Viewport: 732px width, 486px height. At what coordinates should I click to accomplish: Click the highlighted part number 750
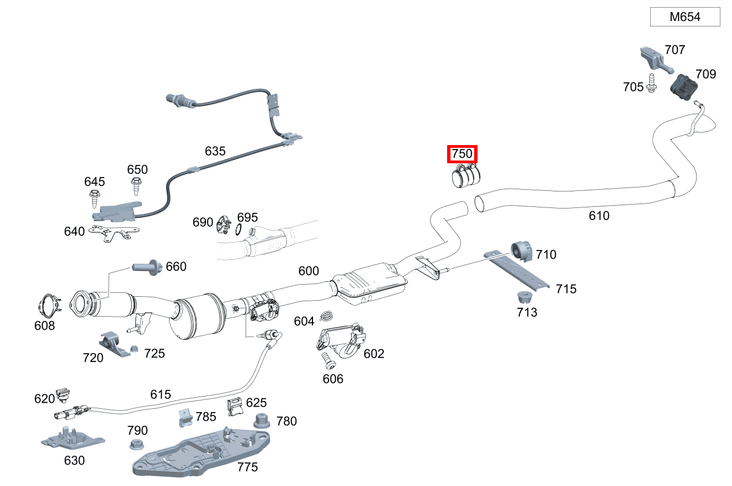pyautogui.click(x=462, y=154)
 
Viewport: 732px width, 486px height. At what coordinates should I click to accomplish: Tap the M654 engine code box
pyautogui.click(x=685, y=17)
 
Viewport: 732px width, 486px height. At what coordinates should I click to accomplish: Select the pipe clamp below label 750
pyautogui.click(x=466, y=177)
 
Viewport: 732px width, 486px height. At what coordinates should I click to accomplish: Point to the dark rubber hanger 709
pyautogui.click(x=685, y=87)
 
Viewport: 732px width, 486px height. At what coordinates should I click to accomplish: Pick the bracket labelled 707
pyautogui.click(x=653, y=58)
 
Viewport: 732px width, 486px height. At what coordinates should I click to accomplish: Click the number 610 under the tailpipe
pyautogui.click(x=599, y=216)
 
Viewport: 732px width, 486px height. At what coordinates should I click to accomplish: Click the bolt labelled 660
pyautogui.click(x=146, y=268)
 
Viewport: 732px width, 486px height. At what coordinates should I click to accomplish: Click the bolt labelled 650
pyautogui.click(x=136, y=185)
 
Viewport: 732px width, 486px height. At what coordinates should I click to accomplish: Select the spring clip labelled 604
pyautogui.click(x=326, y=316)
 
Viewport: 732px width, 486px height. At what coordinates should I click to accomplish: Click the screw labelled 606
pyautogui.click(x=330, y=360)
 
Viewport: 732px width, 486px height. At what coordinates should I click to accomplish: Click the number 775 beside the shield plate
pyautogui.click(x=247, y=467)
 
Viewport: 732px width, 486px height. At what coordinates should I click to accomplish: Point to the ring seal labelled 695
pyautogui.click(x=239, y=229)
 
